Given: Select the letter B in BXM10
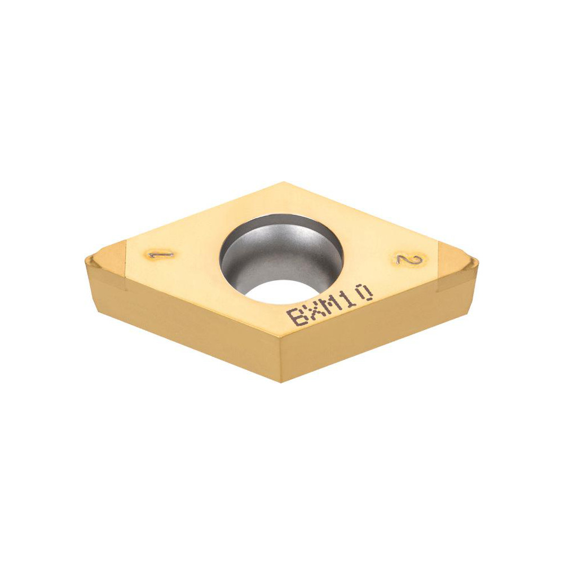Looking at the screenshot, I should click(x=295, y=316).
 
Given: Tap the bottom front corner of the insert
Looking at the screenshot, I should click(x=280, y=381).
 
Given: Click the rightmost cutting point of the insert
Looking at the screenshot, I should click(x=477, y=261).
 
